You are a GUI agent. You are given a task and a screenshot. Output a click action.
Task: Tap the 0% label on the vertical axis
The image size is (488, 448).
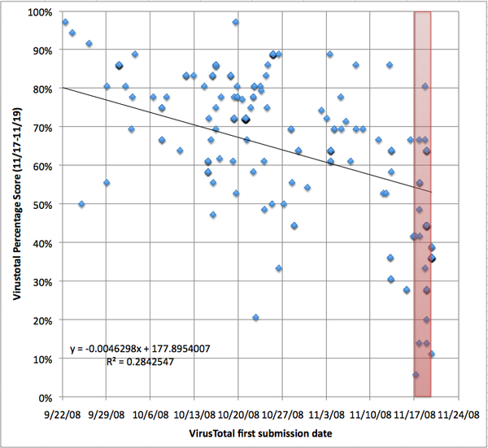click(46, 398)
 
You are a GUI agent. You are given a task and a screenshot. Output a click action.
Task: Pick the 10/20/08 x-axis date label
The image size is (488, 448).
click(238, 412)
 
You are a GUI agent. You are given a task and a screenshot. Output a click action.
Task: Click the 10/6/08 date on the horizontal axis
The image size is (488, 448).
click(150, 412)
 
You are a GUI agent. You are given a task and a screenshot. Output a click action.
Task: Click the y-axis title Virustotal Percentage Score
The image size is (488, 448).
click(16, 205)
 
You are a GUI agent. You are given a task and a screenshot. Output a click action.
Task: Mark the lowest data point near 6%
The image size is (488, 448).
click(416, 375)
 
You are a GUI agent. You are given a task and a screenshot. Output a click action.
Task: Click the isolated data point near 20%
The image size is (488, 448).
click(255, 317)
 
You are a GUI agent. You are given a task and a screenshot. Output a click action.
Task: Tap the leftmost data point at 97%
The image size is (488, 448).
click(65, 22)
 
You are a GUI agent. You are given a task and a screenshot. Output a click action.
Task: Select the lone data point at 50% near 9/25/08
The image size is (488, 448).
click(81, 204)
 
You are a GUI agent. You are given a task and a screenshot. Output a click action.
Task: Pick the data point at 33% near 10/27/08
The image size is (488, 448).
click(278, 268)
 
